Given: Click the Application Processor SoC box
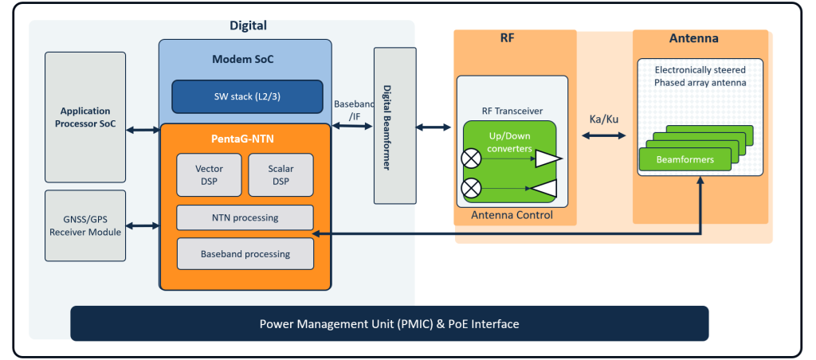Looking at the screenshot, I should [85, 117].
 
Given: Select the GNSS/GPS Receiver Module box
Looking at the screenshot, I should [85, 225].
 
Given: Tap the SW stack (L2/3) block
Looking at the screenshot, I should [247, 96].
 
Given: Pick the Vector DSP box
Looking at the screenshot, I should [209, 174].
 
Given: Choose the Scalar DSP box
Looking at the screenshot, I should [280, 174].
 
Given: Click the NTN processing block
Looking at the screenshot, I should [245, 217].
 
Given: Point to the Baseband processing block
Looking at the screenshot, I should [245, 254].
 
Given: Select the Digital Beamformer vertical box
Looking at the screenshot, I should [394, 124].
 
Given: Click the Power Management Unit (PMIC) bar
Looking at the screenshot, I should [389, 324].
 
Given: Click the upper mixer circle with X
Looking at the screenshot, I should [471, 158].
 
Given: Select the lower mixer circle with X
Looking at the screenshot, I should [471, 189].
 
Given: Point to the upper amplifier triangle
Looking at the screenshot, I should [547, 158].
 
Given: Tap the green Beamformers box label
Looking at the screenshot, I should [685, 159].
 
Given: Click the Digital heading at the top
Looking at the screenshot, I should [248, 26].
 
